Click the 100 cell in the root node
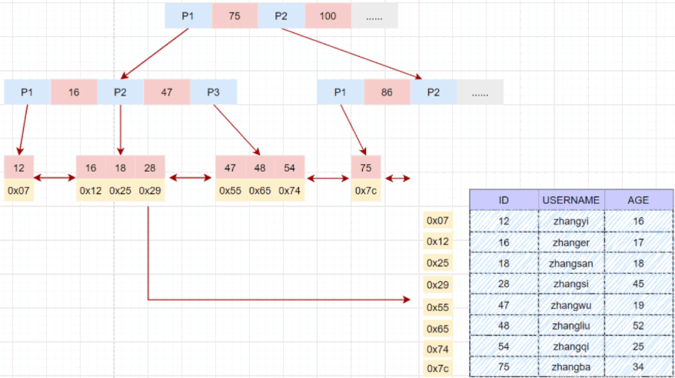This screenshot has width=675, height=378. pyautogui.click(x=328, y=16)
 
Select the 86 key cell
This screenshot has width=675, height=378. pyautogui.click(x=387, y=92)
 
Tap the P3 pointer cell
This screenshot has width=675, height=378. pyautogui.click(x=214, y=92)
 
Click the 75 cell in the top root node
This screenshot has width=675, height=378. pyautogui.click(x=234, y=16)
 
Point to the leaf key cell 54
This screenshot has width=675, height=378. pyautogui.click(x=289, y=167)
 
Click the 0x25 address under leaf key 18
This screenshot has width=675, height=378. pyautogui.click(x=121, y=190)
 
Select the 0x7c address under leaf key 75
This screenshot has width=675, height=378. pyautogui.click(x=366, y=190)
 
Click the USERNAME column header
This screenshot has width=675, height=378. pyautogui.click(x=570, y=200)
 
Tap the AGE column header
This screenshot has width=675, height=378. pyautogui.click(x=637, y=200)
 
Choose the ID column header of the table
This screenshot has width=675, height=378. pyautogui.click(x=504, y=200)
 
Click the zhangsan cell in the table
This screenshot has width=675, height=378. pyautogui.click(x=570, y=263)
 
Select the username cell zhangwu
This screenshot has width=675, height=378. pyautogui.click(x=570, y=305)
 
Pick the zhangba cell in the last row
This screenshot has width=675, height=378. pyautogui.click(x=570, y=366)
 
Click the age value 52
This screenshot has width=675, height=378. pyautogui.click(x=637, y=326)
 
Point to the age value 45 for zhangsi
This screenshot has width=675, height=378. pyautogui.click(x=637, y=284)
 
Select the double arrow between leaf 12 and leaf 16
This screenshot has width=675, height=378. pyautogui.click(x=55, y=179)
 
